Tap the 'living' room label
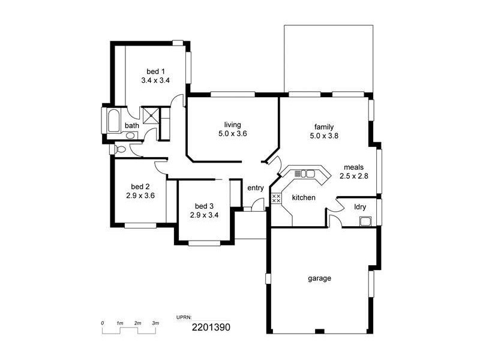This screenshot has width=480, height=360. (233, 125)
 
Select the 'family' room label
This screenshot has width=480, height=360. (324, 127)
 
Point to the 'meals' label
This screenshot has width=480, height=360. (353, 167)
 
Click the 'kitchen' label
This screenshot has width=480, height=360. (304, 197)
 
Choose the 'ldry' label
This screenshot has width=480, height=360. (360, 207)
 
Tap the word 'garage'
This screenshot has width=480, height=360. (320, 278)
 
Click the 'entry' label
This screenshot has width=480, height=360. (256, 188)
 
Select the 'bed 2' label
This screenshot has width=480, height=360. (140, 187)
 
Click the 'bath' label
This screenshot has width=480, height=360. (131, 125)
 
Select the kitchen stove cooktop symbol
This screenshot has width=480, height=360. (276, 197)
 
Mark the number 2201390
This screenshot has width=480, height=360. (211, 327)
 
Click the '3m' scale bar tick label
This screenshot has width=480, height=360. (155, 323)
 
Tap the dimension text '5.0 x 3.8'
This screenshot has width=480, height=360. (324, 136)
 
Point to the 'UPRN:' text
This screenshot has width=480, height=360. (184, 317)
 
